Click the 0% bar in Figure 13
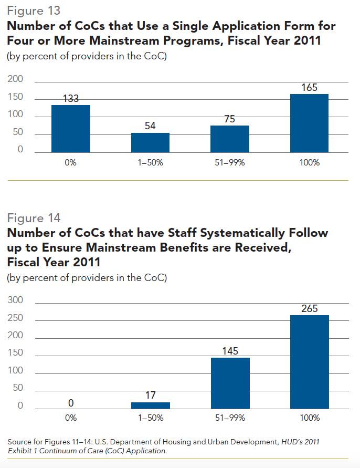71,129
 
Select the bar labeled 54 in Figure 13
150,142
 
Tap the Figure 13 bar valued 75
230,139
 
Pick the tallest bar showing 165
309,123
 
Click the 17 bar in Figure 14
150,405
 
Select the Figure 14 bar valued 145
230,383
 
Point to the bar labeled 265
309,362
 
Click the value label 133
71,98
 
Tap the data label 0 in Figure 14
71,403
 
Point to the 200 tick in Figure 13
16,80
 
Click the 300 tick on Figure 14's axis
16,300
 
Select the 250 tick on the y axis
16,318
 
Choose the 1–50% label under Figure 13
150,163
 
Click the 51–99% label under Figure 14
230,418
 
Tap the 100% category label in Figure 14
309,418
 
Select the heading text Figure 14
33,218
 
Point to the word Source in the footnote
18,442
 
